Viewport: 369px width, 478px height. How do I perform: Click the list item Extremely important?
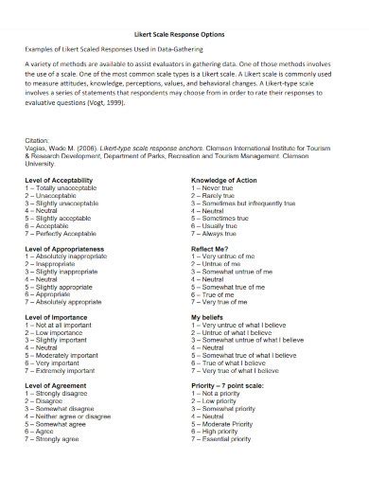(x=70, y=370)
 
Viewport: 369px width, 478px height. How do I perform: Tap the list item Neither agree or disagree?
(x=77, y=416)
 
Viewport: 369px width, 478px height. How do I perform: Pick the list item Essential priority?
(x=226, y=439)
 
